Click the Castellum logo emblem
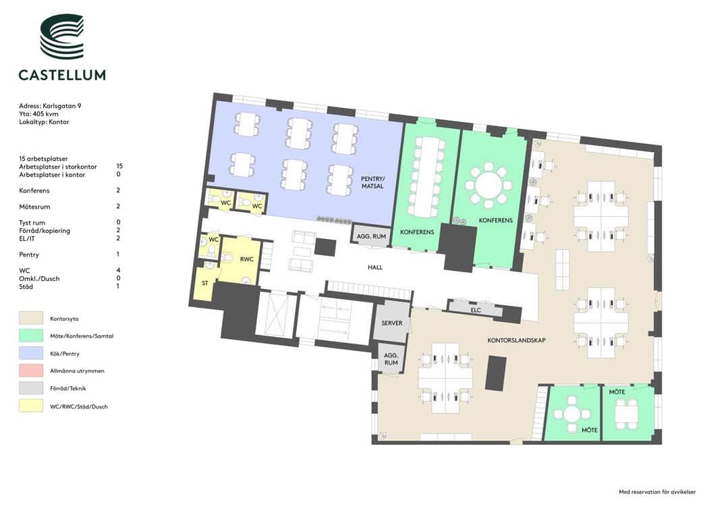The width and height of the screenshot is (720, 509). pyautogui.click(x=62, y=36)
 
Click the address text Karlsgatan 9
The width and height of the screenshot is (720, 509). pyautogui.click(x=62, y=106)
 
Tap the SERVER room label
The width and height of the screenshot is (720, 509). pyautogui.click(x=391, y=323)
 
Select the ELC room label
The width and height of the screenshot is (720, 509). pyautogui.click(x=476, y=310)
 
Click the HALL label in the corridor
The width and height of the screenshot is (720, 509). pyautogui.click(x=375, y=267)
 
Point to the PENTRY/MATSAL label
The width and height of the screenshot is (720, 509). pyautogui.click(x=372, y=182)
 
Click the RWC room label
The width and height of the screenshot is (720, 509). pyautogui.click(x=246, y=259)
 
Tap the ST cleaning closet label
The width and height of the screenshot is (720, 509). pyautogui.click(x=204, y=284)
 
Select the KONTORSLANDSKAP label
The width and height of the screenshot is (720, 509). pyautogui.click(x=517, y=340)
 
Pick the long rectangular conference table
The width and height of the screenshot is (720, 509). pyautogui.click(x=427, y=176)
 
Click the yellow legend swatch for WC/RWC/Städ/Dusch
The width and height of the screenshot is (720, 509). pyautogui.click(x=31, y=406)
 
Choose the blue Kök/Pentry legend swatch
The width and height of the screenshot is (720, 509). pyautogui.click(x=31, y=353)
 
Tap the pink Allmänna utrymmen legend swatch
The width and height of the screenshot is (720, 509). pyautogui.click(x=31, y=371)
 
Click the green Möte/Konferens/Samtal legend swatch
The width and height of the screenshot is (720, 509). pyautogui.click(x=31, y=336)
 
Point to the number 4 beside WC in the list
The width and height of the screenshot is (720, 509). pyautogui.click(x=118, y=270)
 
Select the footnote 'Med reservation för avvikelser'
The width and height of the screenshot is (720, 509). pyautogui.click(x=657, y=492)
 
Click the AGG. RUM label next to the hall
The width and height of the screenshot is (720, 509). pyautogui.click(x=372, y=236)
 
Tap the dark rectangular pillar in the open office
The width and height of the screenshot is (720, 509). pyautogui.click(x=496, y=373)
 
